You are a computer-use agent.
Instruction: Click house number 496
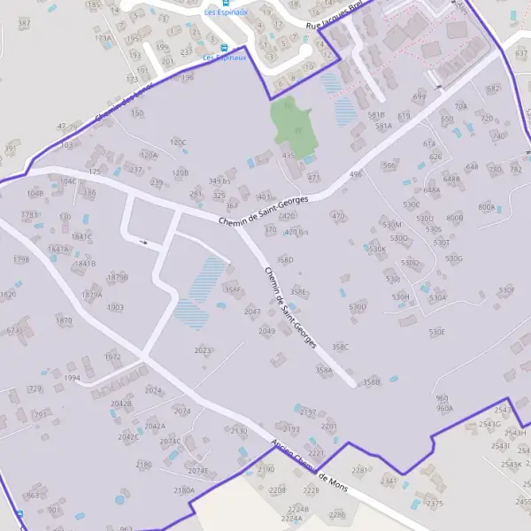pos(356,174)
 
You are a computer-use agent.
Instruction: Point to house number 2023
pos(202,350)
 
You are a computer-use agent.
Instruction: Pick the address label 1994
pos(73,378)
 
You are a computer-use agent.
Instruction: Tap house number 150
pos(137,113)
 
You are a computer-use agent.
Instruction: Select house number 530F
pos(506,289)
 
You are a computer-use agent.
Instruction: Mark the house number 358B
pos(371,382)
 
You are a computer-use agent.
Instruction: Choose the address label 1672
pos(112,357)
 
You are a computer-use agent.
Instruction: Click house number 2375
pos(434,503)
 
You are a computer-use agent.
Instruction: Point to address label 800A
pos(486,207)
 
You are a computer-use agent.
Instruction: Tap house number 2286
pos(336,513)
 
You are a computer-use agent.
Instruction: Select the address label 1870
pos(64,321)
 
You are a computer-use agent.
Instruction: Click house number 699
pos(419,96)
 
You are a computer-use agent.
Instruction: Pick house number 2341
pos(389,481)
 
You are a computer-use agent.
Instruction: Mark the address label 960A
pos(444,408)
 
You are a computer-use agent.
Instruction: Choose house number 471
pos(313,177)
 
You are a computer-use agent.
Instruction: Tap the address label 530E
pos(437,332)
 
